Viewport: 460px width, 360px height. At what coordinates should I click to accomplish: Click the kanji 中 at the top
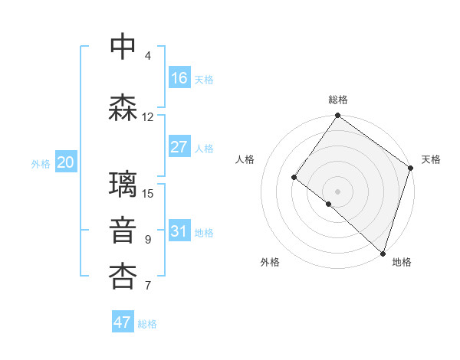(x=123, y=46)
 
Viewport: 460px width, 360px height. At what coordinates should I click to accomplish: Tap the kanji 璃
(x=123, y=185)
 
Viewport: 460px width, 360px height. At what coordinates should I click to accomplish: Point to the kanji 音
(x=123, y=231)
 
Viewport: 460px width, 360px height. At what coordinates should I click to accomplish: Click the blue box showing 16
(x=179, y=78)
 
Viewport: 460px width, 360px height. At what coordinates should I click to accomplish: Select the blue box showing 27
(x=179, y=147)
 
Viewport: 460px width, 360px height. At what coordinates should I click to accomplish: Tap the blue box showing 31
(x=179, y=231)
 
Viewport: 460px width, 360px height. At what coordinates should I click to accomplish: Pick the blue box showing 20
(x=66, y=162)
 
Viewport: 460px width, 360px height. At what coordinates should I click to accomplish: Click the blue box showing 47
(x=123, y=322)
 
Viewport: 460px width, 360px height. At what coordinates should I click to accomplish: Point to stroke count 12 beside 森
(x=148, y=117)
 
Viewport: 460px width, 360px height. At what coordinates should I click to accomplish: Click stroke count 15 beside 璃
(x=148, y=193)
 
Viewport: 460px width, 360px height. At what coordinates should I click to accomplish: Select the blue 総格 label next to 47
(x=147, y=324)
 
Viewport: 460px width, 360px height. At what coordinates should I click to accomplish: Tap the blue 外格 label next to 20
(x=41, y=163)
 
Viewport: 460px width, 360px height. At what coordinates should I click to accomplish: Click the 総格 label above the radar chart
(x=338, y=100)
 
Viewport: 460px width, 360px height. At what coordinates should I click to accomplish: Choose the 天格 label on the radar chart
(x=431, y=159)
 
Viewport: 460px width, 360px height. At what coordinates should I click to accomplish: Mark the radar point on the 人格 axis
(x=294, y=177)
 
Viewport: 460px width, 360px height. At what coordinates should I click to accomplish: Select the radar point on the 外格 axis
(x=329, y=204)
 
